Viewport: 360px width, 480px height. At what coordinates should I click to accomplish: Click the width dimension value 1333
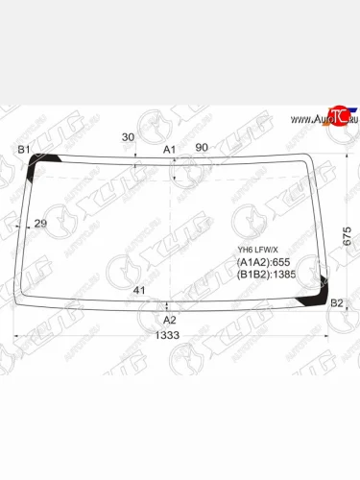coord(170,335)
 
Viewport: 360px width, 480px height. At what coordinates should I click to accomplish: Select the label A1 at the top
coord(169,149)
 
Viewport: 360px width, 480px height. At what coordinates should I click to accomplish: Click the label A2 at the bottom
coord(169,319)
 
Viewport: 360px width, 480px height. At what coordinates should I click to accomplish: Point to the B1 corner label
coord(24,150)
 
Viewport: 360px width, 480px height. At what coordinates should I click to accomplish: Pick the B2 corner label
coord(336,304)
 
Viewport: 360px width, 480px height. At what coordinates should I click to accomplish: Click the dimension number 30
coord(129,136)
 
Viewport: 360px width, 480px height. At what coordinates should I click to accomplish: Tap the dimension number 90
coord(202,147)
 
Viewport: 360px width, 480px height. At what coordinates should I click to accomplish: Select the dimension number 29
coord(40,224)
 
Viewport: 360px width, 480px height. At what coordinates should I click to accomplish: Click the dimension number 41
coord(139,290)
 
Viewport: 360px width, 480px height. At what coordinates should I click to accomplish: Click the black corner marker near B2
coord(313,300)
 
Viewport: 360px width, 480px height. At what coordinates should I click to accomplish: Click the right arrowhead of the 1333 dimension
coord(326,335)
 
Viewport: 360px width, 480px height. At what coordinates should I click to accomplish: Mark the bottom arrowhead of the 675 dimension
coord(347,308)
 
